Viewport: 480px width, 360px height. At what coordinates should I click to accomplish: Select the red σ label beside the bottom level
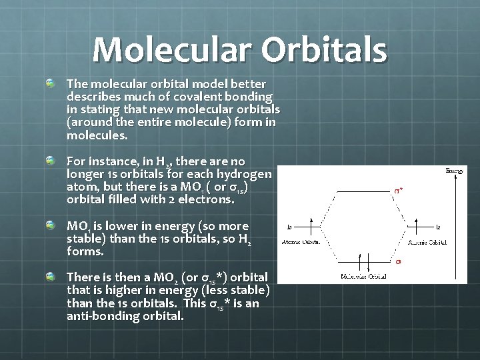point(399,261)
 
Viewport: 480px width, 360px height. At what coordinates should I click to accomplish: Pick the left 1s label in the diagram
point(290,226)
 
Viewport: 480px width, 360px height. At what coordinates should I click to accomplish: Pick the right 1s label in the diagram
point(438,227)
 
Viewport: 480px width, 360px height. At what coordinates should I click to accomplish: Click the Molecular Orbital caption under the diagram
point(364,276)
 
